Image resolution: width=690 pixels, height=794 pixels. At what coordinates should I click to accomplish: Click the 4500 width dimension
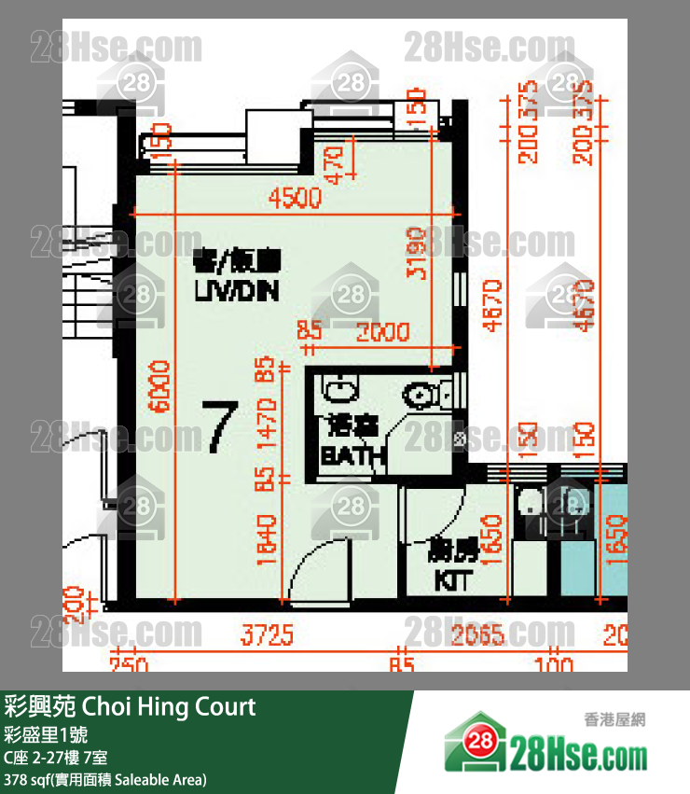[x=294, y=198]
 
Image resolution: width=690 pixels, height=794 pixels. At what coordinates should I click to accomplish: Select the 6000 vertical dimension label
[x=160, y=390]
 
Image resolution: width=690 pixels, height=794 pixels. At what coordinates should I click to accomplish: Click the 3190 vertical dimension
[x=418, y=254]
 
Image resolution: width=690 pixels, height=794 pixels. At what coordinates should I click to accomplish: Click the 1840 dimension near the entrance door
[x=268, y=541]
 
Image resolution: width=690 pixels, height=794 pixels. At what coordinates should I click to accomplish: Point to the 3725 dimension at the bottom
[x=268, y=636]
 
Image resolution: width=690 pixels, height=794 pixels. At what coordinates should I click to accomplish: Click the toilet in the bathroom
[x=425, y=395]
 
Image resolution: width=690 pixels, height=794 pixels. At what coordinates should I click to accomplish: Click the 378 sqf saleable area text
[x=105, y=779]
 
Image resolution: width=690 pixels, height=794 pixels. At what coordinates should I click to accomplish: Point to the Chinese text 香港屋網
[x=615, y=718]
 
